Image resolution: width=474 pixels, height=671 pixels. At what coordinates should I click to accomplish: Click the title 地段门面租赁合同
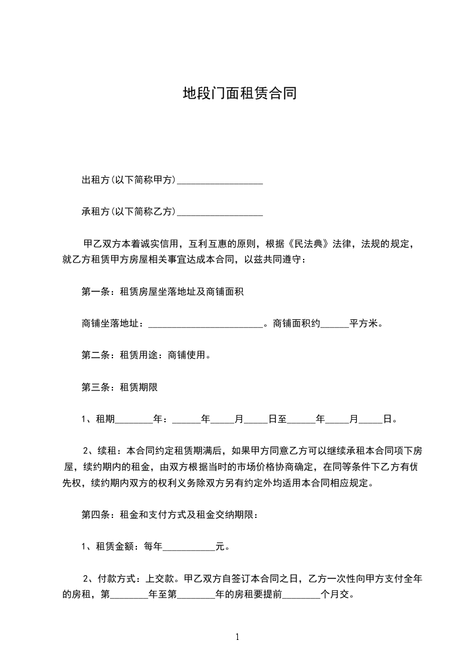(239, 94)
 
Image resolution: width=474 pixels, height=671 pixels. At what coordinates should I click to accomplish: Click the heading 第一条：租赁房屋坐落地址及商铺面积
(162, 292)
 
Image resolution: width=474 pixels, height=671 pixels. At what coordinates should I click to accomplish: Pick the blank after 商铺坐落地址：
(204, 324)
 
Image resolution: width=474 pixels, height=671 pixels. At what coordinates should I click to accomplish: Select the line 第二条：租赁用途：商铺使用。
(145, 355)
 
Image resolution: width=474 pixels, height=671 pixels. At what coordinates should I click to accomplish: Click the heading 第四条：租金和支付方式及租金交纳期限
(169, 515)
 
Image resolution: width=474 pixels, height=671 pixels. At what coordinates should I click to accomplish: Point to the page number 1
(237, 638)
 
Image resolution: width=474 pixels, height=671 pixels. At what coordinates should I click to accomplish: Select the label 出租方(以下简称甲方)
(129, 180)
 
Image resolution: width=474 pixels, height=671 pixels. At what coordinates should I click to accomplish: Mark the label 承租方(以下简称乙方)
(129, 212)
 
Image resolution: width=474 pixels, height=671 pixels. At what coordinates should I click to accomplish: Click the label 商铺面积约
(297, 324)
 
